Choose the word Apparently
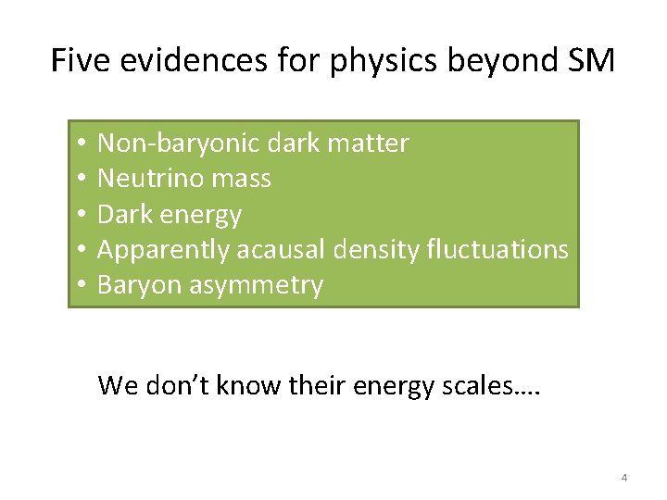(163, 250)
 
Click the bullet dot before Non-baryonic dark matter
(82, 144)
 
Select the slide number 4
(623, 478)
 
